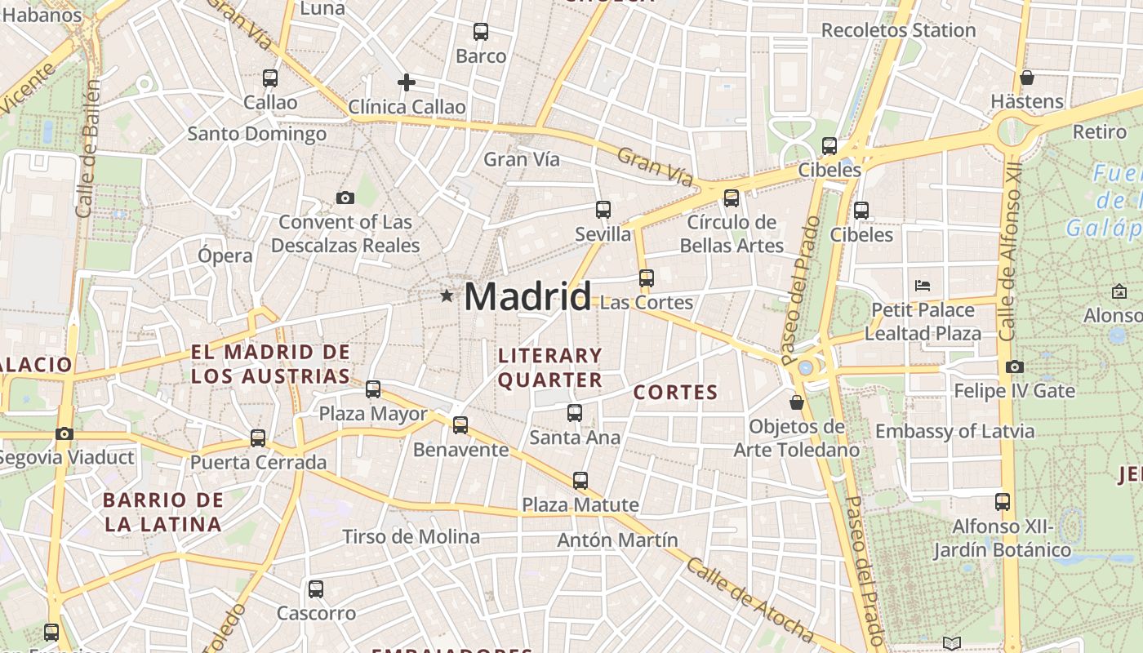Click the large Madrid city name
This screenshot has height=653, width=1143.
click(x=527, y=295)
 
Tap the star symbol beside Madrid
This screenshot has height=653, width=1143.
click(x=447, y=295)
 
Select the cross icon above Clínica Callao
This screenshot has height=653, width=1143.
click(x=406, y=82)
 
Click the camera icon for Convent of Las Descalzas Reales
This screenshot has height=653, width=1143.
click(x=345, y=198)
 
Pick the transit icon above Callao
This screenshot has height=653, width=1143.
click(x=270, y=78)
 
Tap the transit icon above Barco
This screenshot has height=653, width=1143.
click(x=481, y=33)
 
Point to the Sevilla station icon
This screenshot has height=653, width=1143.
click(x=603, y=210)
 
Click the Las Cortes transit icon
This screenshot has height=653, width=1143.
click(x=647, y=278)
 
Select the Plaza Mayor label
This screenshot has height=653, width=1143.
click(x=372, y=414)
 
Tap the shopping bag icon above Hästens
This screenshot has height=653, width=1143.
click(x=1027, y=78)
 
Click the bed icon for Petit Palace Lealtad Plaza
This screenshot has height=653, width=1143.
click(x=923, y=286)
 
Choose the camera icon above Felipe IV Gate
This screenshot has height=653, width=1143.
click(x=1015, y=367)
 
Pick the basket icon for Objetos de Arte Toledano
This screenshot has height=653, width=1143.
click(x=797, y=402)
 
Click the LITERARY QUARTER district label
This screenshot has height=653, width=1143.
click(x=550, y=367)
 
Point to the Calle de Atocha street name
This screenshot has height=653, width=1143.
click(x=749, y=599)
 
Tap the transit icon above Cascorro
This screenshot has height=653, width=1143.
click(x=316, y=589)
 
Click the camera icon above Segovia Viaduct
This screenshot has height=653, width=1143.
click(x=64, y=433)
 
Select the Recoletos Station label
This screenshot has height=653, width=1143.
click(x=898, y=30)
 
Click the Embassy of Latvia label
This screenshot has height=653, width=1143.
click(x=954, y=431)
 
